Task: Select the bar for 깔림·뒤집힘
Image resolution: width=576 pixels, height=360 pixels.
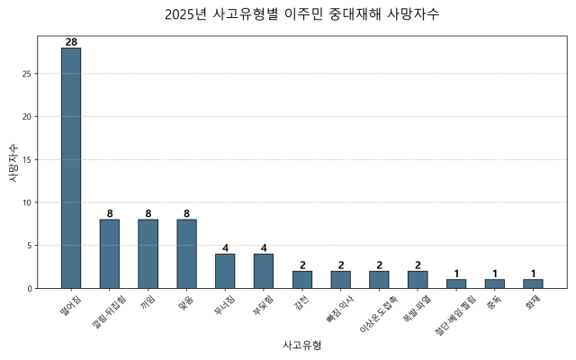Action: [x=110, y=254]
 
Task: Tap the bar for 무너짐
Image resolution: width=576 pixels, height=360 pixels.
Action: [x=225, y=271]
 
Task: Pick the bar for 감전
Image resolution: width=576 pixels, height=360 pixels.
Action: [x=302, y=279]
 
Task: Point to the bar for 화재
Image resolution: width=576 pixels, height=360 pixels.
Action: [x=533, y=283]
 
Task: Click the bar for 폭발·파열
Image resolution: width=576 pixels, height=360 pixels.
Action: [x=418, y=279]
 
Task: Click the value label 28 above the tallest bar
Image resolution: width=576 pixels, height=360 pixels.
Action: [x=71, y=42]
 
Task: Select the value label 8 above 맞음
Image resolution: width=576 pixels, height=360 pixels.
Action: [x=186, y=213]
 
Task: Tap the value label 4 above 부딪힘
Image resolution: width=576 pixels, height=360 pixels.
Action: [x=264, y=247]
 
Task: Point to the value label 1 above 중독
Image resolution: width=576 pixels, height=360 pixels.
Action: [x=494, y=274]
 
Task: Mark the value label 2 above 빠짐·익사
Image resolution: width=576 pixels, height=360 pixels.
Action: [x=341, y=265]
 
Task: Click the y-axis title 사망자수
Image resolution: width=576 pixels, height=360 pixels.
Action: [x=12, y=163]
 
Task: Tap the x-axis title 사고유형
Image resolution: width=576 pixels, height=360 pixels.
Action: [x=302, y=346]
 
